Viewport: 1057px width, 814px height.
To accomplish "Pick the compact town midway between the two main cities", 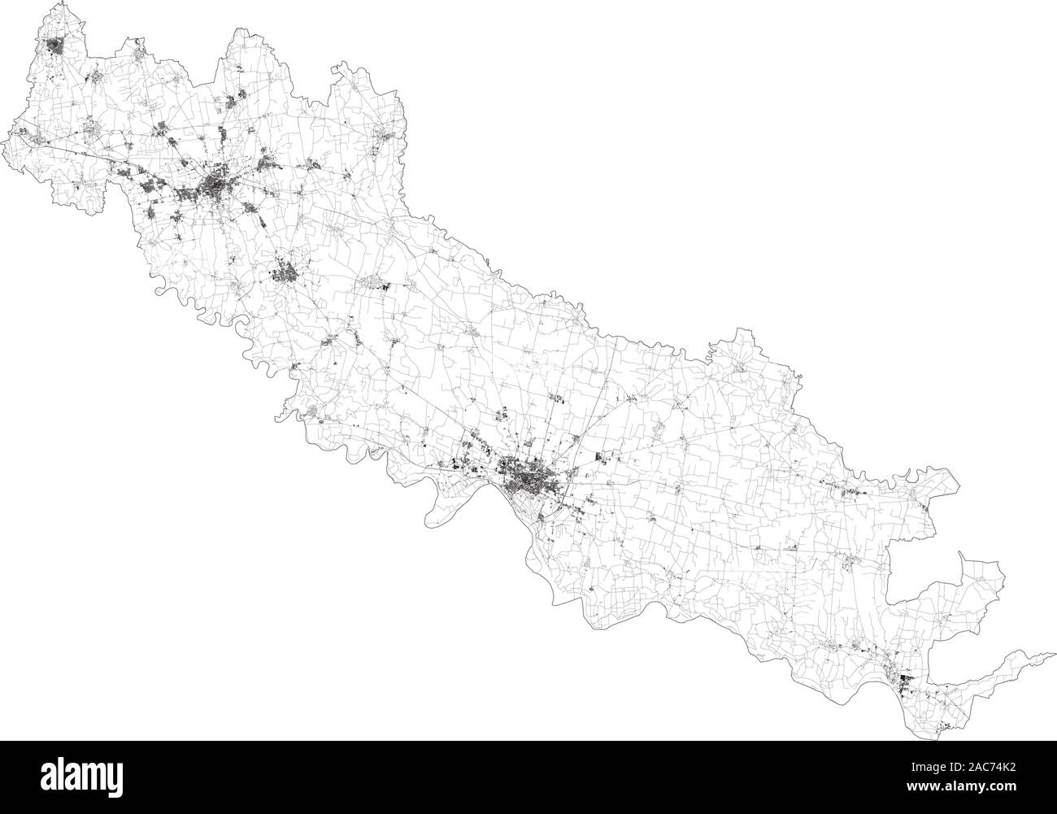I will (x=285, y=272).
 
